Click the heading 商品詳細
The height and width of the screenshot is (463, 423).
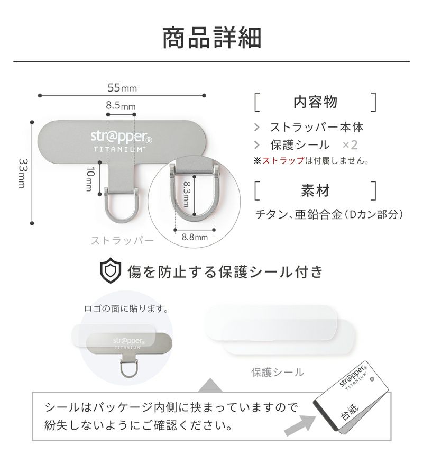pyautogui.click(x=212, y=38)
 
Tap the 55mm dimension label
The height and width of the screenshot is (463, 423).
pyautogui.click(x=122, y=88)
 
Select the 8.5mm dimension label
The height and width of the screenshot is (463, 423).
pyautogui.click(x=121, y=105)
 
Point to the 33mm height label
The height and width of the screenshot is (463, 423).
pyautogui.click(x=23, y=174)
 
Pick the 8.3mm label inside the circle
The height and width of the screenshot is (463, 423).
pyautogui.click(x=187, y=194)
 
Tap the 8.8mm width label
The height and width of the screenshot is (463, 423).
pyautogui.click(x=195, y=237)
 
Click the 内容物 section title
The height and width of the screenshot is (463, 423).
pyautogui.click(x=315, y=102)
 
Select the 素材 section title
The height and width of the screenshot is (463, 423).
pyautogui.click(x=315, y=190)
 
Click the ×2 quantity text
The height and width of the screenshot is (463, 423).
pyautogui.click(x=350, y=144)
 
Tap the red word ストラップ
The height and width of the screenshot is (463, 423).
pyautogui.click(x=283, y=160)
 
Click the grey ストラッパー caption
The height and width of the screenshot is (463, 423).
pyautogui.click(x=122, y=241)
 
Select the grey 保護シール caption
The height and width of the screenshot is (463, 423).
pyautogui.click(x=277, y=372)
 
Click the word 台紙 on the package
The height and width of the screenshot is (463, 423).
pyautogui.click(x=350, y=411)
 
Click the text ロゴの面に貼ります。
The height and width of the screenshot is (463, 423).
pyautogui.click(x=126, y=309)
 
